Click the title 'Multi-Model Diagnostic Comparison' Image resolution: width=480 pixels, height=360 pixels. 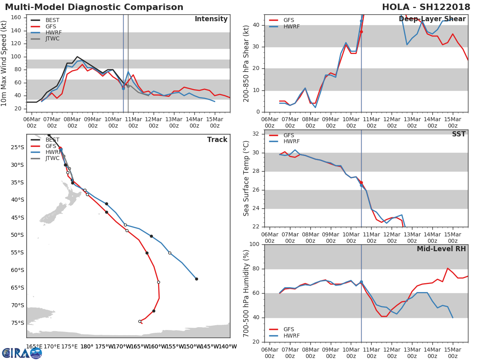click(x=94, y=7)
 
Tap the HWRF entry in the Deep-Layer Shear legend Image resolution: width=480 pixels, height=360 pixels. click(x=291, y=26)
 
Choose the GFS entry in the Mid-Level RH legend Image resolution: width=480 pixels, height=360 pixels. click(x=288, y=329)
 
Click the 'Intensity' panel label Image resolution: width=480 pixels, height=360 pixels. click(x=211, y=19)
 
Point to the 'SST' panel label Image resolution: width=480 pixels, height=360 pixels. click(x=458, y=134)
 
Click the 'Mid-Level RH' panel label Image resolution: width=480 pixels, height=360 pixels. click(x=441, y=249)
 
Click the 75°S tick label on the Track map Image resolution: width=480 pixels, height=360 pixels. click(x=17, y=323)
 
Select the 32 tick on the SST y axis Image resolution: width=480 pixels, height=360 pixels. click(x=256, y=134)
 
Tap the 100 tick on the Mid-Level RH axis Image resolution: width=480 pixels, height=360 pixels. click(x=254, y=244)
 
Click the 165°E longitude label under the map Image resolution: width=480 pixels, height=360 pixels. click(x=34, y=346)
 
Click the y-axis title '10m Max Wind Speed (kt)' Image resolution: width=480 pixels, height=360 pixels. click(x=4, y=63)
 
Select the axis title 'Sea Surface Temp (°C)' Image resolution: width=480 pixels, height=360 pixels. click(x=246, y=178)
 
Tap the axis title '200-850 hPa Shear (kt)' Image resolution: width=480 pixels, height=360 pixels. click(x=246, y=63)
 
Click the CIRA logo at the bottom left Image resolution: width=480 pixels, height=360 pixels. click(x=22, y=353)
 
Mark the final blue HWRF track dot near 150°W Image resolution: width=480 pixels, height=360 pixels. click(x=196, y=279)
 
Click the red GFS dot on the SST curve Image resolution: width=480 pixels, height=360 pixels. click(x=361, y=182)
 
